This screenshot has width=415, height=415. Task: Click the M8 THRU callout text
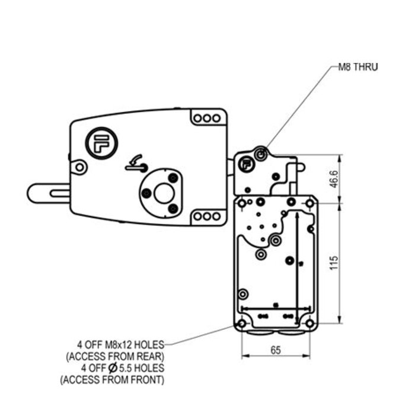(x=357, y=67)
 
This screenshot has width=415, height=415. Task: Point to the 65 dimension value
(x=275, y=350)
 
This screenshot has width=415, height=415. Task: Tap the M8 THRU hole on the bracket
(x=260, y=154)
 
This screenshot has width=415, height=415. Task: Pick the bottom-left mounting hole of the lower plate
(x=242, y=324)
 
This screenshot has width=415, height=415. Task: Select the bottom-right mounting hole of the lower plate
(x=309, y=324)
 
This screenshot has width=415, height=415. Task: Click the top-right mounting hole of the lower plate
(x=309, y=205)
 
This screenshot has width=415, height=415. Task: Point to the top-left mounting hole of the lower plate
(x=242, y=205)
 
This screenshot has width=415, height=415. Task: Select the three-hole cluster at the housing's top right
(x=206, y=118)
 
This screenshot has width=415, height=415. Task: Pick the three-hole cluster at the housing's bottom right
(x=206, y=216)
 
